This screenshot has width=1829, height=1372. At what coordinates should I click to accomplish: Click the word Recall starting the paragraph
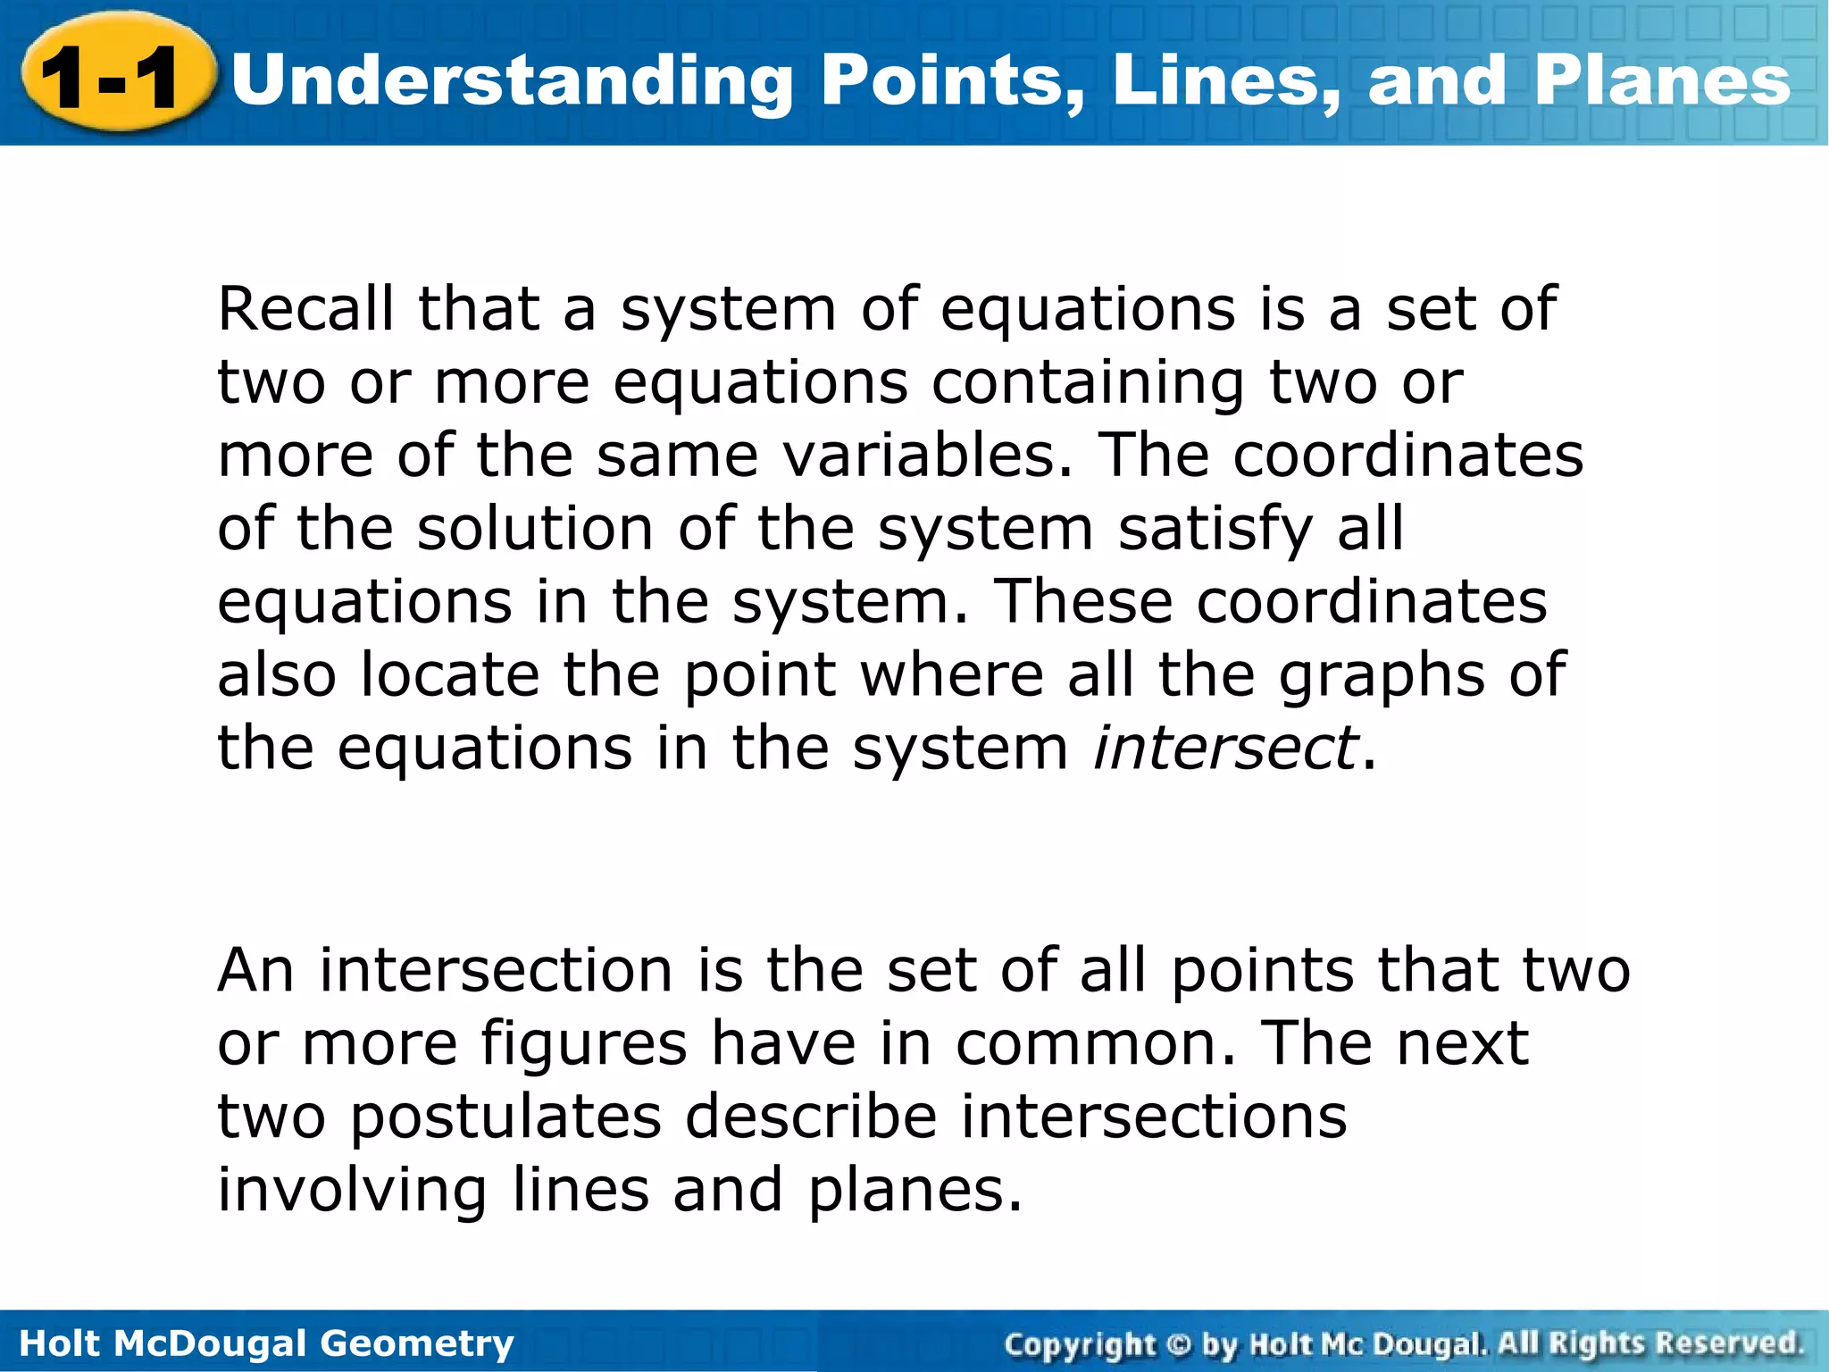click(x=305, y=309)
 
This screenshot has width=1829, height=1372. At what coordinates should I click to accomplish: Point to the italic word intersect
click(x=1225, y=748)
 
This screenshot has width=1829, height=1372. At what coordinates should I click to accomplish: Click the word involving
click(x=352, y=1191)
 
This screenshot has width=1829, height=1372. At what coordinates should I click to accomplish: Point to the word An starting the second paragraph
click(x=255, y=970)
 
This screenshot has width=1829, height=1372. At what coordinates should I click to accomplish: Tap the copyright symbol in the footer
click(x=1179, y=1343)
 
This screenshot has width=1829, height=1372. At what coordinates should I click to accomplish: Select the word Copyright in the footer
click(x=1081, y=1343)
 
